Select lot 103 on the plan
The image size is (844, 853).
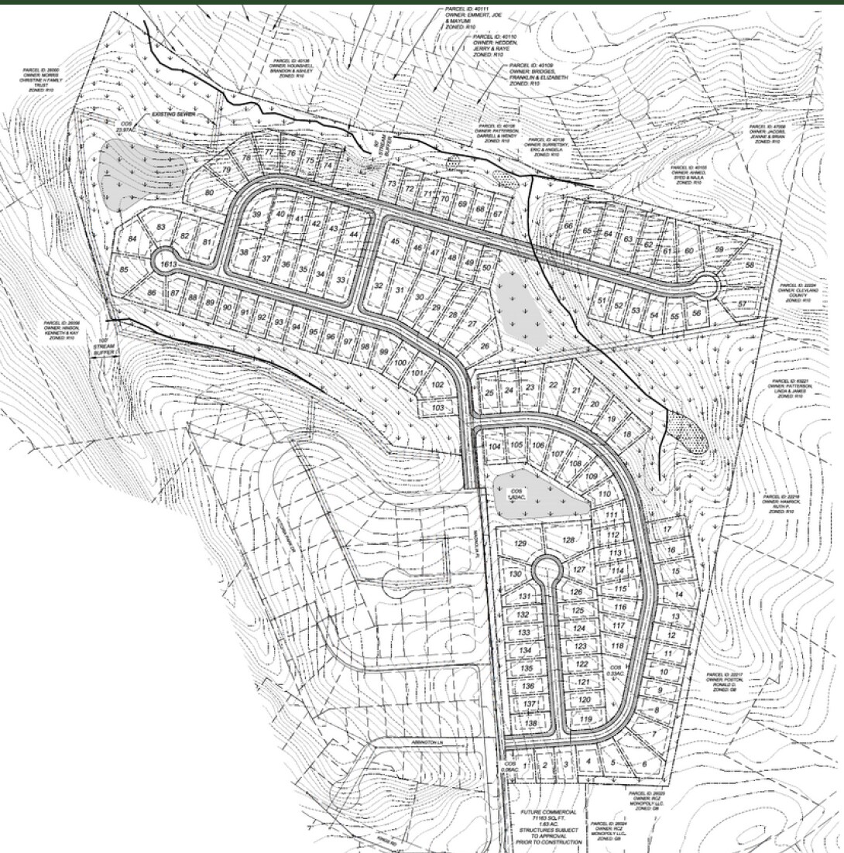pos(437,407)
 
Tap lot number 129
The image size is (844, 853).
pos(520,544)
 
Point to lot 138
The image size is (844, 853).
pos(530,723)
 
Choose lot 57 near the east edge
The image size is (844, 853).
pos(743,304)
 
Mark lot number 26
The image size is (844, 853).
pos(485,346)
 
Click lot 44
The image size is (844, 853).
pos(353,234)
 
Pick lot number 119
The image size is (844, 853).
pos(585,720)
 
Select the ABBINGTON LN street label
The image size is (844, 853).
pos(427,744)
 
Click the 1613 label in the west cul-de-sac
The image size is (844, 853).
pos(165,265)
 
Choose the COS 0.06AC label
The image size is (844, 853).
pos(509,766)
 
